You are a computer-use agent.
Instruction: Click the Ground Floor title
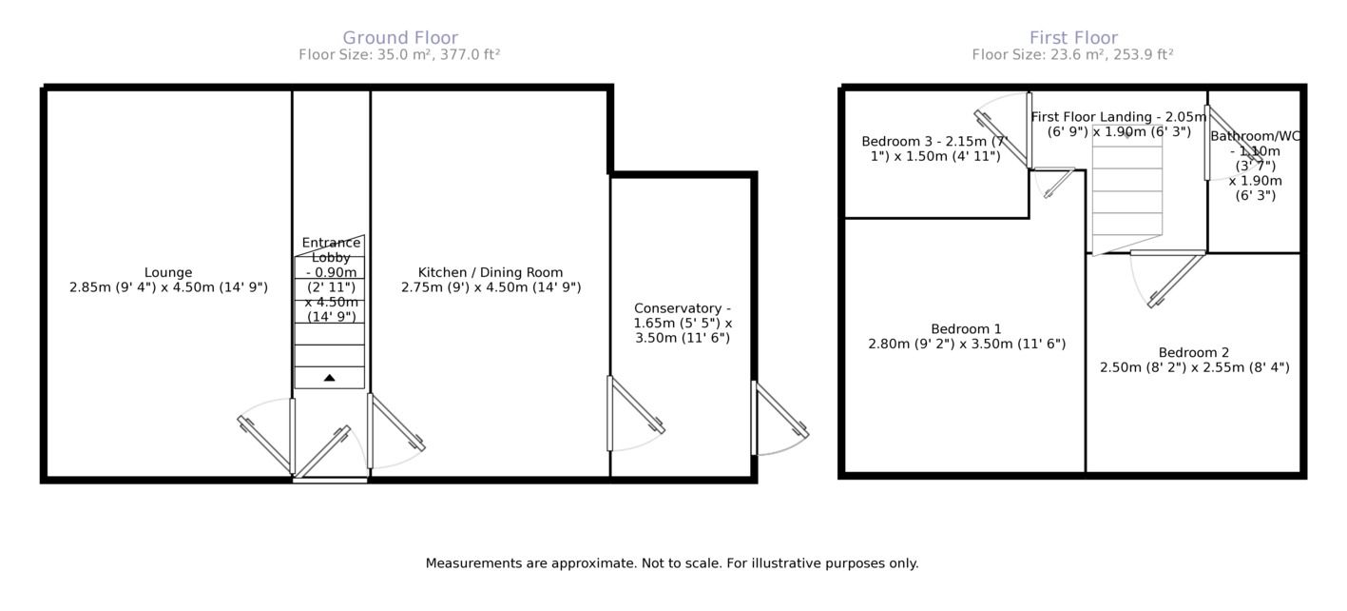400,38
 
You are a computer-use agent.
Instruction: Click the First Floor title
1073,38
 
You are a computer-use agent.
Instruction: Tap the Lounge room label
168,273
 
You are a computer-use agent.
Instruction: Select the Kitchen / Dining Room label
491,273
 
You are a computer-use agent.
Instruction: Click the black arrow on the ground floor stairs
330,378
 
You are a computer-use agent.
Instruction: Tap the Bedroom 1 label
967,329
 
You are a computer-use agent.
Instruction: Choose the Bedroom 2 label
1194,353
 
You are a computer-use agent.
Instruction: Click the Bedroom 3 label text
935,148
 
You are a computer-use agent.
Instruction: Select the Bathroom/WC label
1255,137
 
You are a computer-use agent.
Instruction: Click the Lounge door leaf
265,444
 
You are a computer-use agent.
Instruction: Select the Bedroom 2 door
1177,281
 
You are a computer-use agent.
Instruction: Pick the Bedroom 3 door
1002,138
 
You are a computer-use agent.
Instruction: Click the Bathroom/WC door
1234,135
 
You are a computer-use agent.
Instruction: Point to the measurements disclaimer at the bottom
672,563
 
